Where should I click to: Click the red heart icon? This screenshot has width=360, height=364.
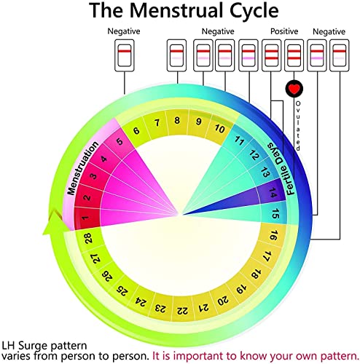(x=294, y=89)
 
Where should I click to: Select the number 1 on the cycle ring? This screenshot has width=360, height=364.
(x=85, y=218)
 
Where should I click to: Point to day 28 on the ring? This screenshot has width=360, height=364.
(x=88, y=238)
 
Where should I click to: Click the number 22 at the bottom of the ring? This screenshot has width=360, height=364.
(x=182, y=310)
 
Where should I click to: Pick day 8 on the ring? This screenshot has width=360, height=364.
(x=177, y=120)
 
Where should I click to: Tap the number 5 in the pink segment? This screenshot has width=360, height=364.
(x=120, y=141)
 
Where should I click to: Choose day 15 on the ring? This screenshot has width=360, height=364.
(x=275, y=214)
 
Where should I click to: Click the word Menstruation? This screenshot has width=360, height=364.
(x=82, y=168)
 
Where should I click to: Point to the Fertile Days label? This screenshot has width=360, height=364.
(x=281, y=168)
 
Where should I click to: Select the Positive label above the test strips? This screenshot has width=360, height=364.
(x=284, y=31)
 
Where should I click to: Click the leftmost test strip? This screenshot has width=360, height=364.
(x=125, y=55)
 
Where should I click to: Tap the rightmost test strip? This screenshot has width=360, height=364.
(x=339, y=55)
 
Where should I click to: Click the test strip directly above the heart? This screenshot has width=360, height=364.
(x=294, y=55)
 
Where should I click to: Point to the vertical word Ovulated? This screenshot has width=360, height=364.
(x=298, y=126)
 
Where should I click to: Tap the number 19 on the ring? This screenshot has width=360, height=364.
(x=241, y=289)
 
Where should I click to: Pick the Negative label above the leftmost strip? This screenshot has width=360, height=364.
(x=124, y=31)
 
